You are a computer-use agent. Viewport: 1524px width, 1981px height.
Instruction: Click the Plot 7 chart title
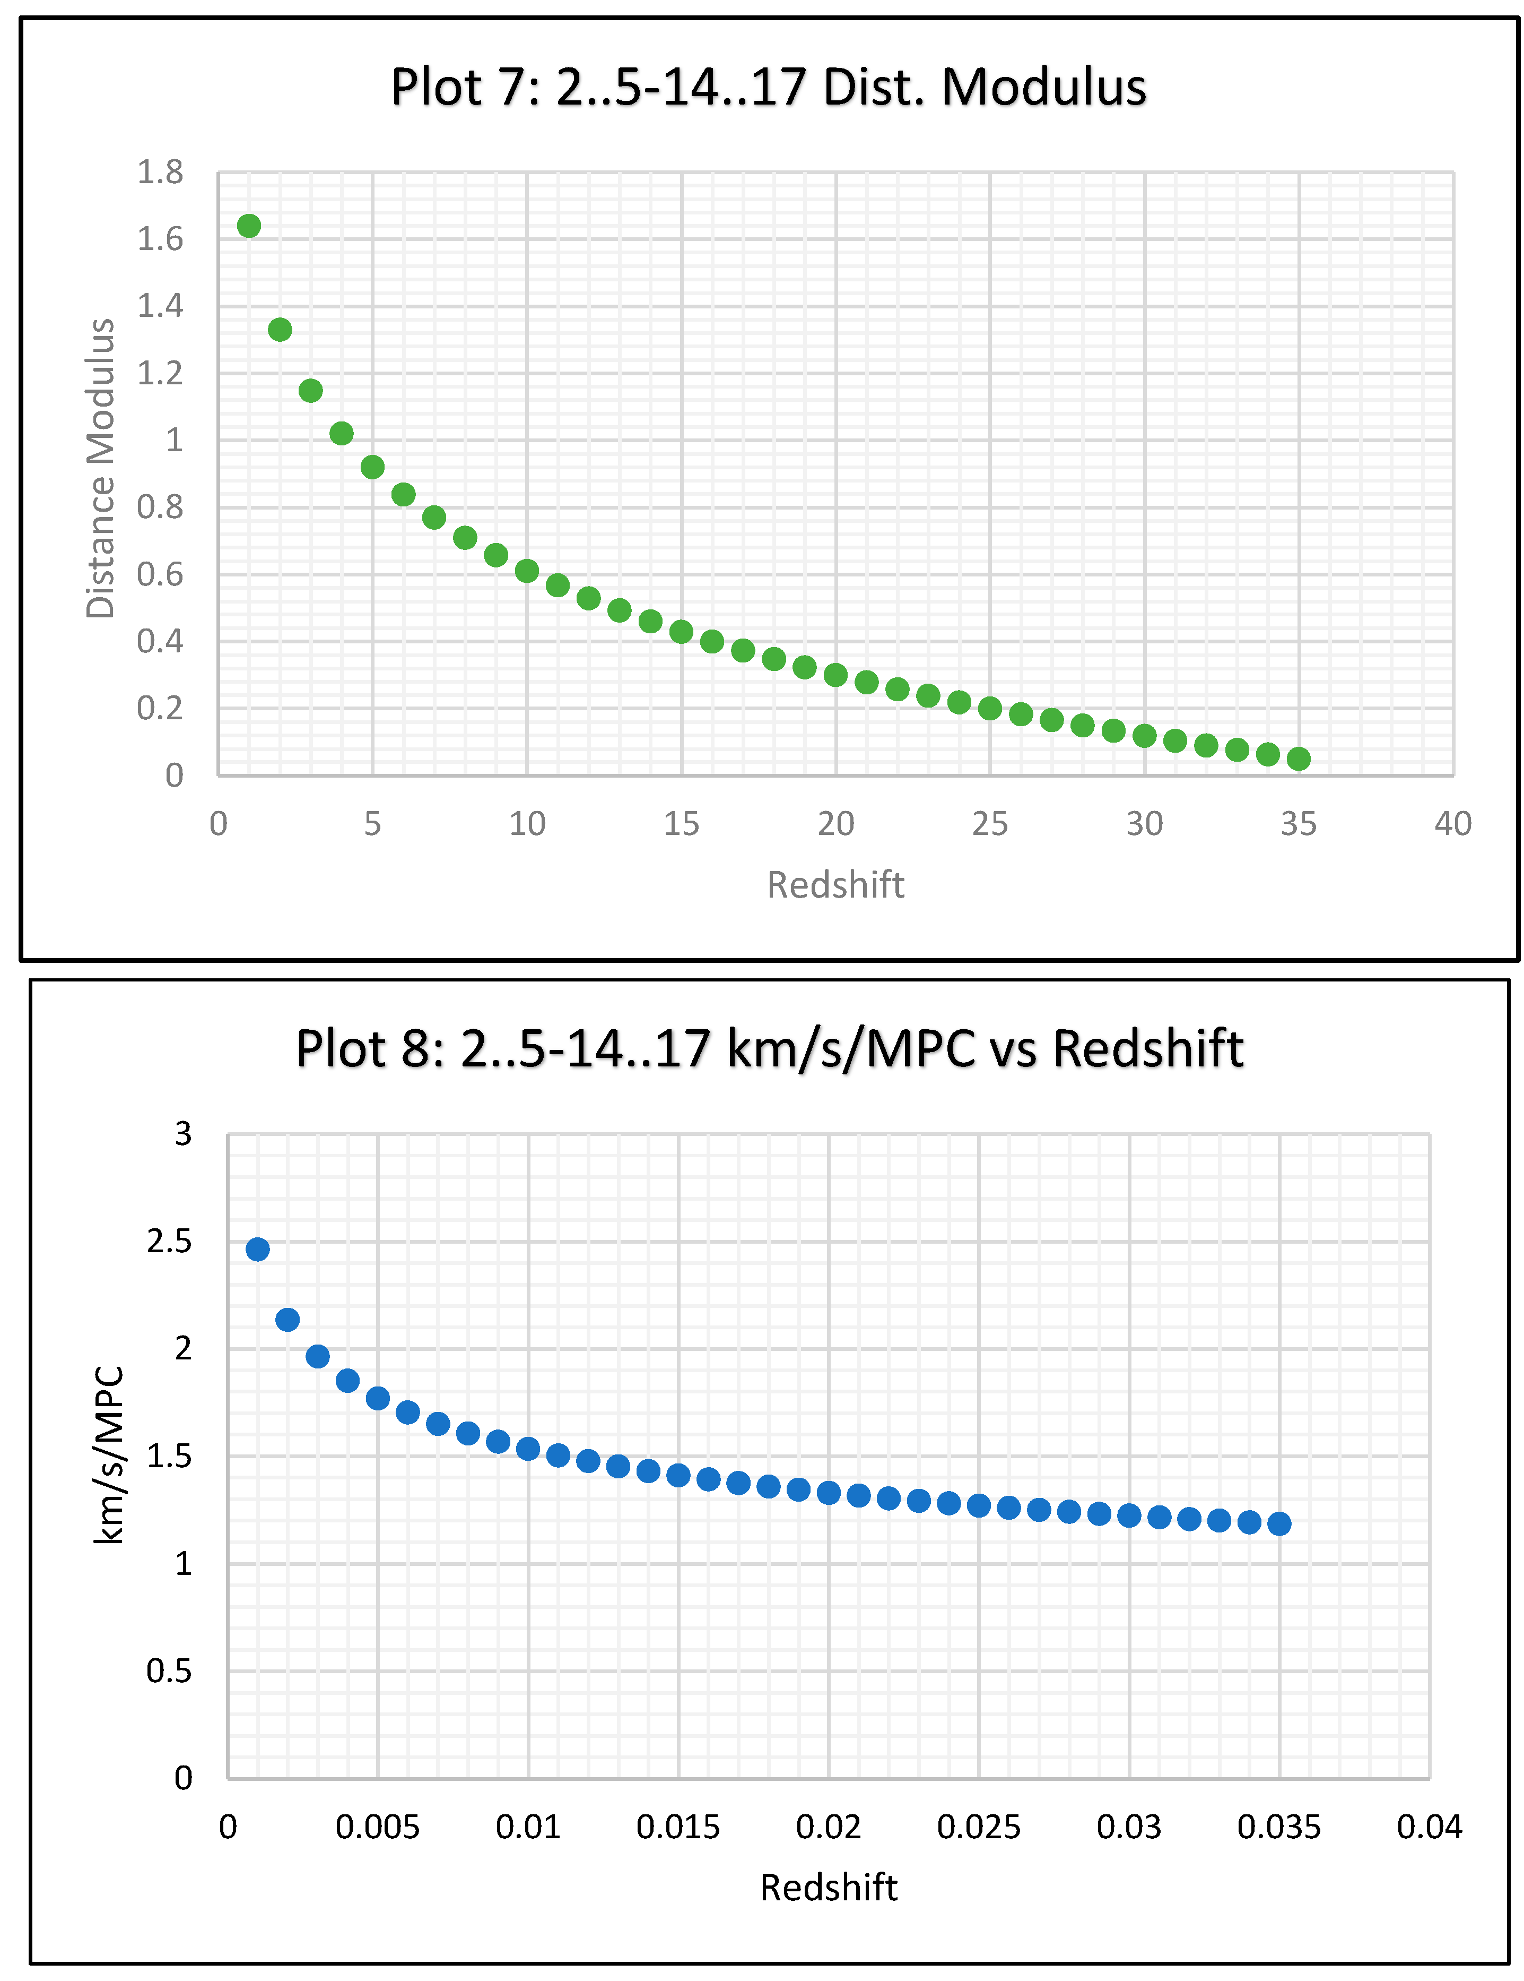pyautogui.click(x=768, y=88)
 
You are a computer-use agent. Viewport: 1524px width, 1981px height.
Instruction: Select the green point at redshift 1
pyautogui.click(x=248, y=226)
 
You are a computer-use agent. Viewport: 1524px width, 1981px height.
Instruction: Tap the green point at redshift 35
pyautogui.click(x=1297, y=759)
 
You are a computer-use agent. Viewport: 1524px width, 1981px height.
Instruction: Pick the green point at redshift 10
pyautogui.click(x=527, y=571)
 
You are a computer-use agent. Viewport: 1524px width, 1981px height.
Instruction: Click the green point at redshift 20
pyautogui.click(x=835, y=675)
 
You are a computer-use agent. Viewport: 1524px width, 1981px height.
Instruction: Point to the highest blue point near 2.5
pyautogui.click(x=257, y=1249)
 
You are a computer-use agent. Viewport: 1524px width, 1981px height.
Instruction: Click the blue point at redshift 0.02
pyautogui.click(x=828, y=1492)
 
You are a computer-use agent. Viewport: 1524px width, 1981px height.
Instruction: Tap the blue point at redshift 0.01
pyautogui.click(x=528, y=1449)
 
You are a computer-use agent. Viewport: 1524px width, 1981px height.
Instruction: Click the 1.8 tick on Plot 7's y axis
pyautogui.click(x=160, y=173)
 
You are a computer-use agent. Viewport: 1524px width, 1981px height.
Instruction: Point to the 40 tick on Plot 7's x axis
pyautogui.click(x=1452, y=824)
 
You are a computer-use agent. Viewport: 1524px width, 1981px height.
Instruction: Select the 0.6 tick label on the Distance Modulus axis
pyautogui.click(x=160, y=574)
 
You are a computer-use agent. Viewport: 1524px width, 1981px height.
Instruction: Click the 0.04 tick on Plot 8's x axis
pyautogui.click(x=1429, y=1827)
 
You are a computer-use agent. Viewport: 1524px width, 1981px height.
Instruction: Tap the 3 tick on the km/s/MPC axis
pyautogui.click(x=183, y=1134)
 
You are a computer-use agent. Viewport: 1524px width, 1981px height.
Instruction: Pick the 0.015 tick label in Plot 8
pyautogui.click(x=677, y=1827)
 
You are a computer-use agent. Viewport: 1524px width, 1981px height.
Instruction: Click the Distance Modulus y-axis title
pyautogui.click(x=101, y=468)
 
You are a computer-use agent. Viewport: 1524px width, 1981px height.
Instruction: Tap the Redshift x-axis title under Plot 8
pyautogui.click(x=828, y=1888)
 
